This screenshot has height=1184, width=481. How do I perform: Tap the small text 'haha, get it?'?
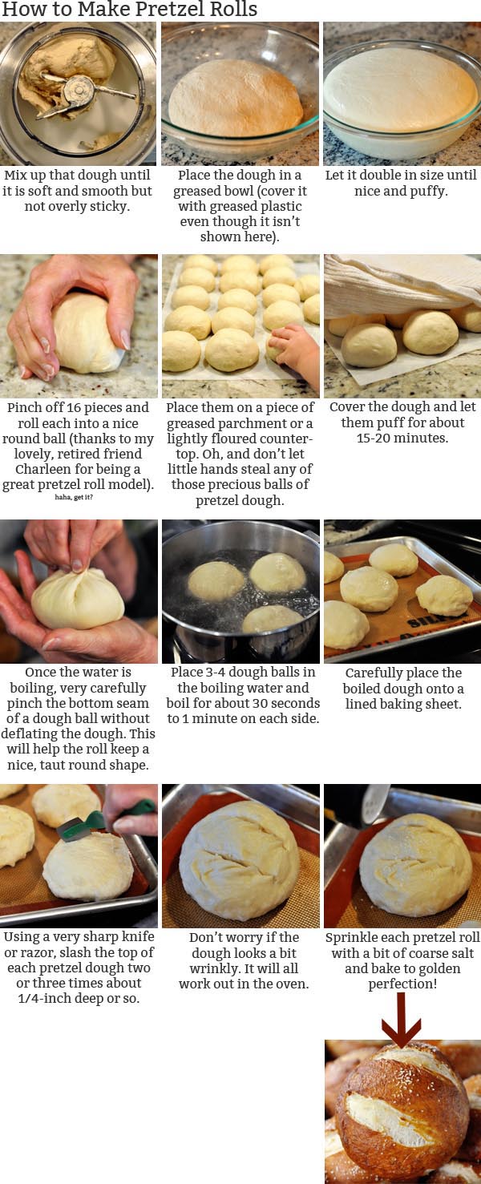tap(74, 497)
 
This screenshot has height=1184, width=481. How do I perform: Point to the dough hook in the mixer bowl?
tap(80, 95)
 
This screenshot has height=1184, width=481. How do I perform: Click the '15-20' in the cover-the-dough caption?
tap(376, 438)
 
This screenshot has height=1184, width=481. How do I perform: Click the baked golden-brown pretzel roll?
tap(402, 1115)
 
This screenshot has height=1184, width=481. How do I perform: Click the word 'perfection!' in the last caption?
tap(402, 984)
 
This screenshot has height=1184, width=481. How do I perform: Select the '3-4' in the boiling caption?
tap(210, 673)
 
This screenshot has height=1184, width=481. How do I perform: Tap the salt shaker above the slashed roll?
tap(376, 803)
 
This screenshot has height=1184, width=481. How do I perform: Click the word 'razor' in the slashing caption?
tap(36, 953)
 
